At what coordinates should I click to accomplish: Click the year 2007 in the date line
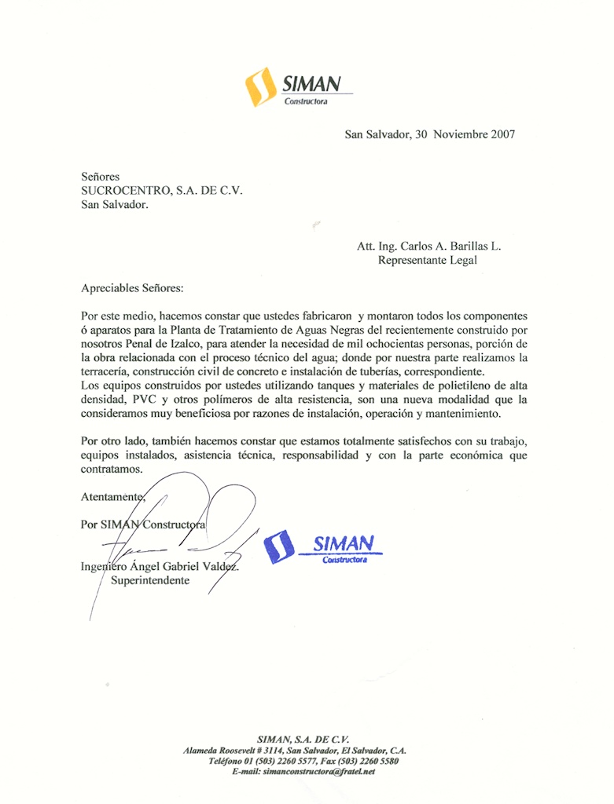(502, 134)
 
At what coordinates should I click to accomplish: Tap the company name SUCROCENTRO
(126, 191)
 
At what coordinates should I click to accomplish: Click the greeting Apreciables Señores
(131, 288)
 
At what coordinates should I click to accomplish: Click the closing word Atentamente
(113, 497)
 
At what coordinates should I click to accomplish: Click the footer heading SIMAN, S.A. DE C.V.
(303, 739)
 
